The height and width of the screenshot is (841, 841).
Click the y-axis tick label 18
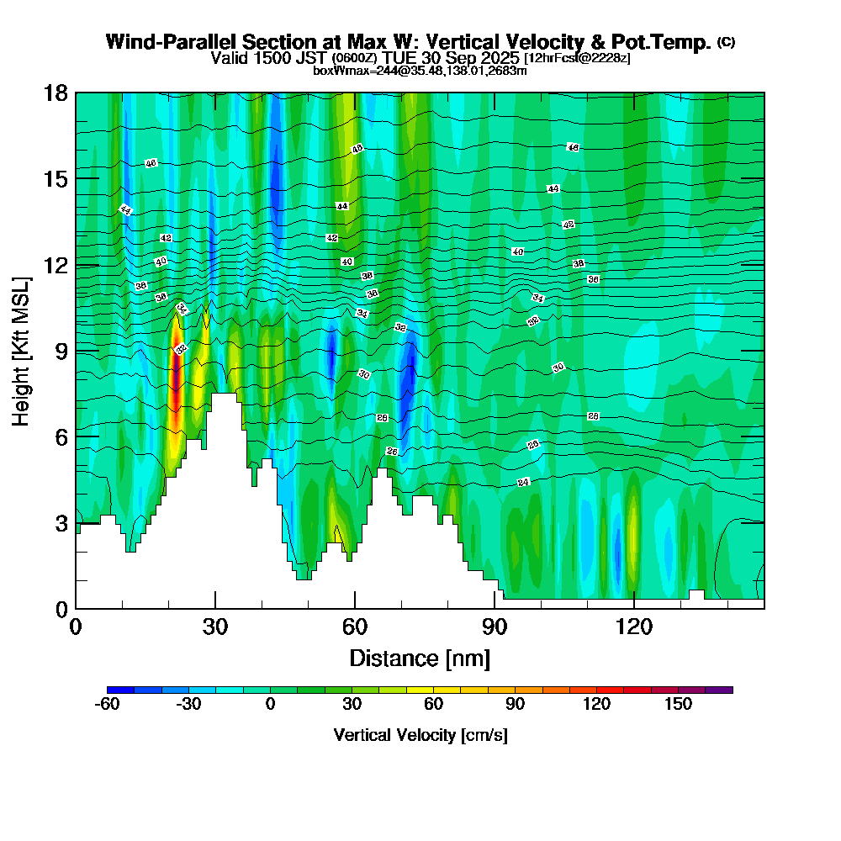coord(56,93)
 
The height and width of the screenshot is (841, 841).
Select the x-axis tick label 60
coord(355,627)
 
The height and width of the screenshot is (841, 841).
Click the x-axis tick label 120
coord(633,627)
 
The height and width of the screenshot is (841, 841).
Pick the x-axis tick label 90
coord(495,627)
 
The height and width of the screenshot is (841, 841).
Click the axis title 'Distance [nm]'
coord(420,657)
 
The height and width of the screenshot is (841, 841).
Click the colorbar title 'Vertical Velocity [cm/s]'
coord(420,735)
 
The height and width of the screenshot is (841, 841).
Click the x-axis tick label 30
coord(215,627)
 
